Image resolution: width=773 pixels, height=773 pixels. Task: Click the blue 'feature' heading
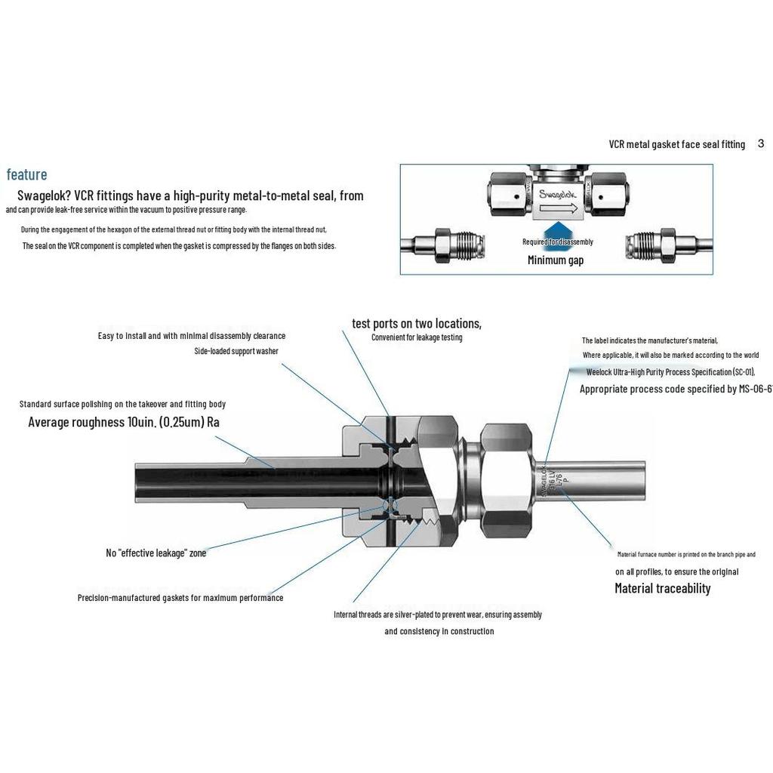pyautogui.click(x=27, y=175)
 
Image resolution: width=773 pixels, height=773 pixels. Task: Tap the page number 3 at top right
pyautogui.click(x=761, y=143)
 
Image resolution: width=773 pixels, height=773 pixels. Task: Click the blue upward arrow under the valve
pyautogui.click(x=556, y=229)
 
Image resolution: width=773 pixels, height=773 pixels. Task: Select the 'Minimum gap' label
pyautogui.click(x=556, y=260)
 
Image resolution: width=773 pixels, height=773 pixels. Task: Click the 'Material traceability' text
pyautogui.click(x=662, y=589)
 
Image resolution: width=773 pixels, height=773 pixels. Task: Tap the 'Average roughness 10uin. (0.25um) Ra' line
pyautogui.click(x=124, y=423)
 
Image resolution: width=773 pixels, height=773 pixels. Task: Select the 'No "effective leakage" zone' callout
pyautogui.click(x=156, y=553)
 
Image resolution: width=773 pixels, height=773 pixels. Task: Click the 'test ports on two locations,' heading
pyautogui.click(x=417, y=324)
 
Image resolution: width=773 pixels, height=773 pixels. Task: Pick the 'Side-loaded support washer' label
pyautogui.click(x=236, y=352)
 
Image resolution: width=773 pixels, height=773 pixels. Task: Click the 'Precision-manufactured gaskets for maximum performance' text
pyautogui.click(x=180, y=598)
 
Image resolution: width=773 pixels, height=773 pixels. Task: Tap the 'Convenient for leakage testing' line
pyautogui.click(x=417, y=337)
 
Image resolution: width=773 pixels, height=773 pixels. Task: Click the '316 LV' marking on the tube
pyautogui.click(x=551, y=480)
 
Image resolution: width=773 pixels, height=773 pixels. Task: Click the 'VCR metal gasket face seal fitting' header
pyautogui.click(x=676, y=144)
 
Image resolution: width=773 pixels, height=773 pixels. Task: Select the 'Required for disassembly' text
pyautogui.click(x=558, y=242)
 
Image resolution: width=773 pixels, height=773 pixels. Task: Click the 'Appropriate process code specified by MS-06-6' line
pyautogui.click(x=676, y=390)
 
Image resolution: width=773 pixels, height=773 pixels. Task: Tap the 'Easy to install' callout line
pyautogui.click(x=192, y=336)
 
